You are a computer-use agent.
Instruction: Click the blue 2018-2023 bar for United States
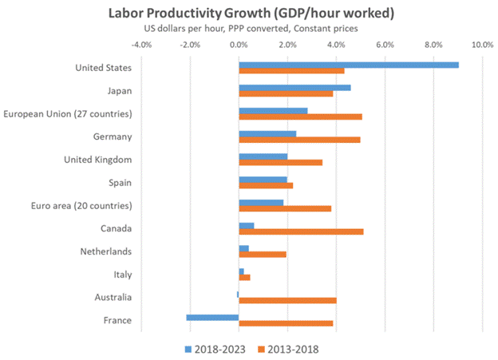(349, 64)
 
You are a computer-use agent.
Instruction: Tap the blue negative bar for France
(212, 317)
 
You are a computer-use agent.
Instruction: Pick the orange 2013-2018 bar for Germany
(299, 140)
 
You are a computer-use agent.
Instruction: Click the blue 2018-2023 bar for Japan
(294, 87)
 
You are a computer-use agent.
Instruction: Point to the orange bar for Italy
(244, 277)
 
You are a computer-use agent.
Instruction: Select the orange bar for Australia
(287, 300)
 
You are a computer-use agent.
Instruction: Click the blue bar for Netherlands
(243, 248)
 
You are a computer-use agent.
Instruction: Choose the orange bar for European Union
(300, 117)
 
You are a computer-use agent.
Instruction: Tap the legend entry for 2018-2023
(218, 348)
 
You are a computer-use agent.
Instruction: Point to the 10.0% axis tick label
(482, 45)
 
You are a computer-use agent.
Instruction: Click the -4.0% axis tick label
(140, 45)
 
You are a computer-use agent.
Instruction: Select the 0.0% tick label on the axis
(239, 45)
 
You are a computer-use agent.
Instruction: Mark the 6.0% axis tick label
(385, 45)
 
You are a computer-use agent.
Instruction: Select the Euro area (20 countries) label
(80, 206)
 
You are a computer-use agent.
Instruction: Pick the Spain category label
(118, 183)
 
